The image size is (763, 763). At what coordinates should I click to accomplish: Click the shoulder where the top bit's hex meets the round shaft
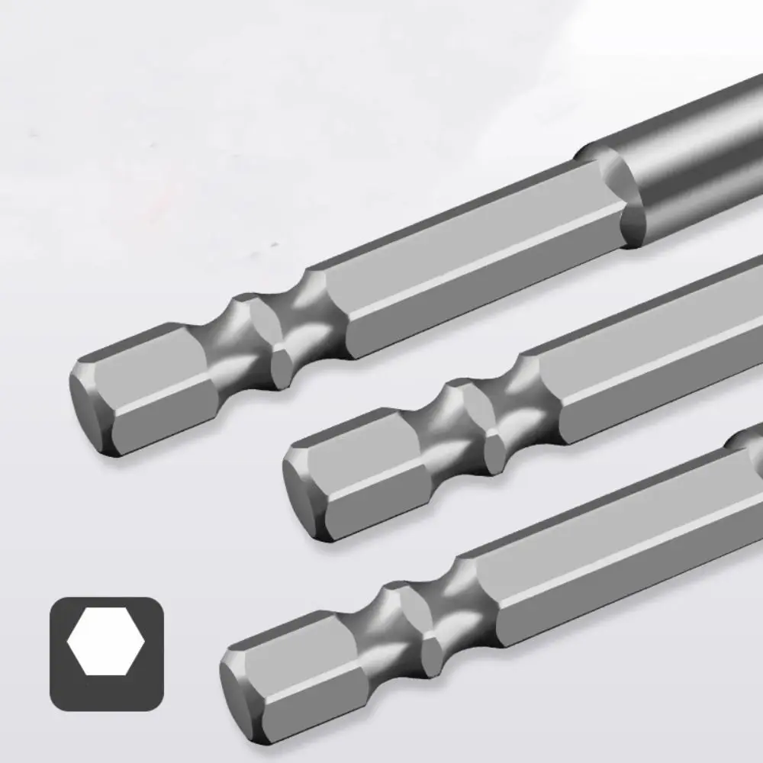coord(610,198)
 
